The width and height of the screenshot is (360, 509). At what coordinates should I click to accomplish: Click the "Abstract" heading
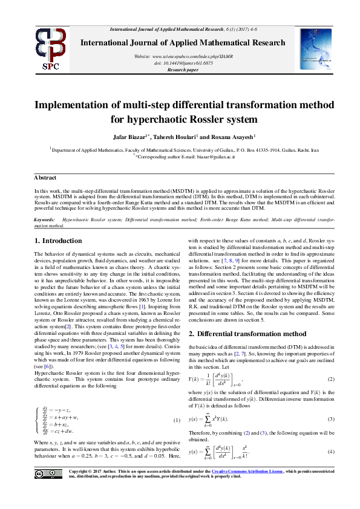[45, 178]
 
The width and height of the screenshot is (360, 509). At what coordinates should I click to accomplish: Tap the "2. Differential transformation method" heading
[241, 333]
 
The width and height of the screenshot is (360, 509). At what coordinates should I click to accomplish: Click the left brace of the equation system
[37, 403]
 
